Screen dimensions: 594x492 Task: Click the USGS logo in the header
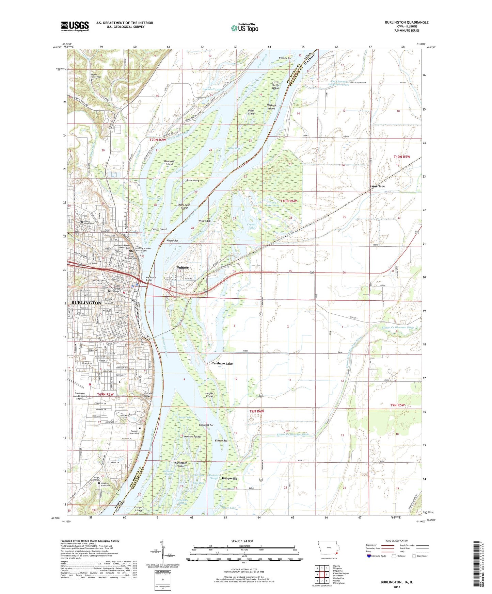75,26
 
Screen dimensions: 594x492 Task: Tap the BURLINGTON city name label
86,303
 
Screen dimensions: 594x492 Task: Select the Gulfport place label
183,268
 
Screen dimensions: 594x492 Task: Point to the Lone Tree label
378,186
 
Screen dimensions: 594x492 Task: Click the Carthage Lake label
222,363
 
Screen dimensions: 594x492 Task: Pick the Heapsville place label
229,478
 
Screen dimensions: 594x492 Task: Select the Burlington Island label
181,464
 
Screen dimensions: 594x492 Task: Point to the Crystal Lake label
251,226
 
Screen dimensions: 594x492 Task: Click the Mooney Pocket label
193,436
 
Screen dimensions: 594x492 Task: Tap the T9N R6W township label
257,411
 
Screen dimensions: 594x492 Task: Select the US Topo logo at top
244,28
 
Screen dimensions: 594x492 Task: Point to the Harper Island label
209,395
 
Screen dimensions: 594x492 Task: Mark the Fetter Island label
159,229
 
